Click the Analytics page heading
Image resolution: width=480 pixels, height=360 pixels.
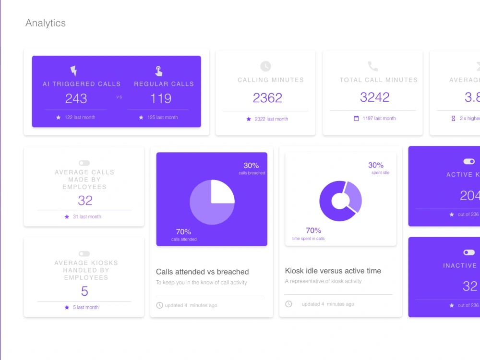[x=46, y=23]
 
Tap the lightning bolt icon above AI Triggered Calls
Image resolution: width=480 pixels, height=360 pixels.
[x=73, y=71]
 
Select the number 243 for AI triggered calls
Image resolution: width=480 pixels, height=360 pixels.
[x=76, y=98]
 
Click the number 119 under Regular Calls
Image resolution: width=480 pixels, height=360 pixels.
[x=161, y=98]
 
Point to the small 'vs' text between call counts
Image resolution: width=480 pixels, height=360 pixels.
[x=119, y=97]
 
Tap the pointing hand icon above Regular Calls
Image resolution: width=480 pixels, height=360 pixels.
[x=159, y=71]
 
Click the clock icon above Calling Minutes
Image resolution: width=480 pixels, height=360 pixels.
[x=265, y=66]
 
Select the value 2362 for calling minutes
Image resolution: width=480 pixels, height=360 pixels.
[x=267, y=98]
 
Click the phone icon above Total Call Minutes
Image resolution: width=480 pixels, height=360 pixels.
[x=373, y=66]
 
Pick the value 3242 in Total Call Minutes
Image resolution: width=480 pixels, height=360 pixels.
[x=375, y=97]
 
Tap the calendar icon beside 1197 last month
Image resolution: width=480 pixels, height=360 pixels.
[x=356, y=119]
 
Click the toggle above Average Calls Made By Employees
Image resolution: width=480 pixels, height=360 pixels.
[x=84, y=163]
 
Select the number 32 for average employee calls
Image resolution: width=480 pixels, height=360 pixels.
[x=85, y=200]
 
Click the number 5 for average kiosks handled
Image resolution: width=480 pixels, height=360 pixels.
[x=84, y=291]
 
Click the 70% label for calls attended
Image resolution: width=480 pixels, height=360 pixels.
[x=183, y=232]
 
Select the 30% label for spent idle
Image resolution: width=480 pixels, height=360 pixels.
[x=376, y=165]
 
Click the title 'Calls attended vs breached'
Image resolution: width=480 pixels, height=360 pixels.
[x=203, y=272]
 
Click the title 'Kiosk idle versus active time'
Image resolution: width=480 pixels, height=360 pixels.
[x=333, y=271]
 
